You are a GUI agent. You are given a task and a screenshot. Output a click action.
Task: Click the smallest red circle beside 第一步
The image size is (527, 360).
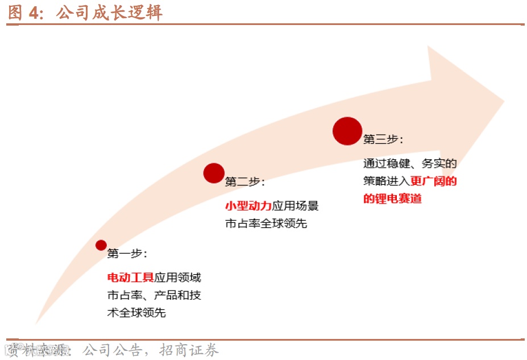point(101,245)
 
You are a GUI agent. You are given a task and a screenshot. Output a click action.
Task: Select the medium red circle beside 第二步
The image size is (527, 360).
point(214,173)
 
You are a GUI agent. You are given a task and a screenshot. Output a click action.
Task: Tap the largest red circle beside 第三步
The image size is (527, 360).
point(347,131)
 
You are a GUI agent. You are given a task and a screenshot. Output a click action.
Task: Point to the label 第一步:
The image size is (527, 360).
point(127,254)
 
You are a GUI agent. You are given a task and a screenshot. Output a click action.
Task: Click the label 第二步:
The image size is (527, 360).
point(244,181)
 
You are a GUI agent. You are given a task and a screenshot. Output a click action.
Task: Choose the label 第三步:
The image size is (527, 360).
point(383,139)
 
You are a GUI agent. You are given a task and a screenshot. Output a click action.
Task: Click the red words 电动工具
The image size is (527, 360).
point(130,278)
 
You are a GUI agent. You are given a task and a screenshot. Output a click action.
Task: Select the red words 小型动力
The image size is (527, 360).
point(248,206)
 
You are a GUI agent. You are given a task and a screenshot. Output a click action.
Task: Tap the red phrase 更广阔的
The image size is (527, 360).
point(434,181)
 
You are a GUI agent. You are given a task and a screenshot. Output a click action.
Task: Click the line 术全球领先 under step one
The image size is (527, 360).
point(136,313)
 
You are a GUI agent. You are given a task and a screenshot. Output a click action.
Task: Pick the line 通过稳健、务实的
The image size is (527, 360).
point(410,164)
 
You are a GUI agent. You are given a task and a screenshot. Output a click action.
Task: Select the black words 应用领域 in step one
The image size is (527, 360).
point(177,278)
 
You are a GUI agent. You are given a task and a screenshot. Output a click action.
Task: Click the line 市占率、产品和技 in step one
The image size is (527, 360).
point(154,296)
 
